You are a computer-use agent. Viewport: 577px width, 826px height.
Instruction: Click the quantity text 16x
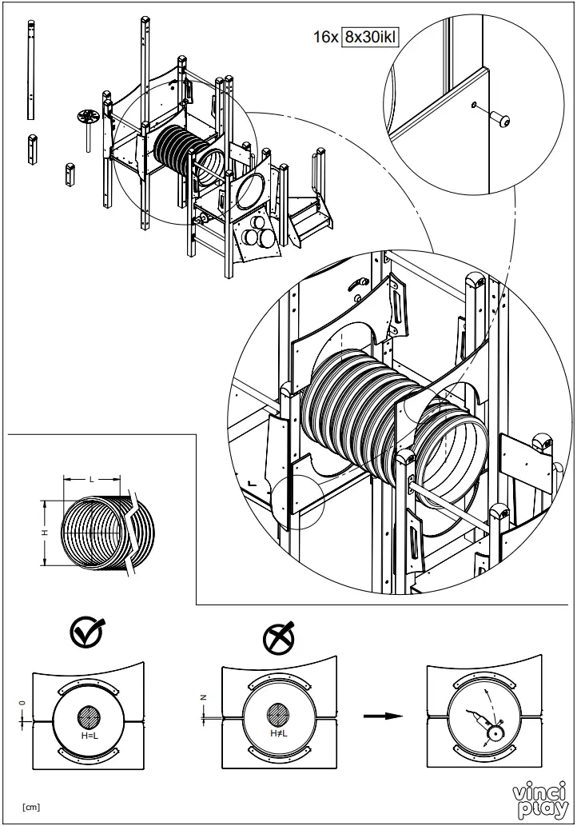pyautogui.click(x=325, y=37)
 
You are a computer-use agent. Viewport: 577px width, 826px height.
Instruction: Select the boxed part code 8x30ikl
pyautogui.click(x=369, y=37)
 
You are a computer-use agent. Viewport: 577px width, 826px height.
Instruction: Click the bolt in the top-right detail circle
pyautogui.click(x=503, y=120)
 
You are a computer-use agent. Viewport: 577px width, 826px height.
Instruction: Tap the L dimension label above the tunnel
pyautogui.click(x=92, y=479)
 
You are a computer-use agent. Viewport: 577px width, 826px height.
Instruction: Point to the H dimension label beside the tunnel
pyautogui.click(x=46, y=532)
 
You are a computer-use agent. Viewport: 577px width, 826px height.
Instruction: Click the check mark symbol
pyautogui.click(x=86, y=633)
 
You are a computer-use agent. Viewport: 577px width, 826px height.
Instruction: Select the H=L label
pyautogui.click(x=89, y=733)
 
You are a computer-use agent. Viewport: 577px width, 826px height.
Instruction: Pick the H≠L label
pyautogui.click(x=278, y=733)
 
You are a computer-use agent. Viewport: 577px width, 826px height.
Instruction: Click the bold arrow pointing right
pyautogui.click(x=382, y=715)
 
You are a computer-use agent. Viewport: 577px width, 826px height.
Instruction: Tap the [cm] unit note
pyautogui.click(x=31, y=806)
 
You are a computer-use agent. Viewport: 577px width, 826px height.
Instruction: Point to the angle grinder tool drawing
pyautogui.click(x=484, y=720)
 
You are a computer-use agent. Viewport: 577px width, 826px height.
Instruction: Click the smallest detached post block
pyautogui.click(x=71, y=174)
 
